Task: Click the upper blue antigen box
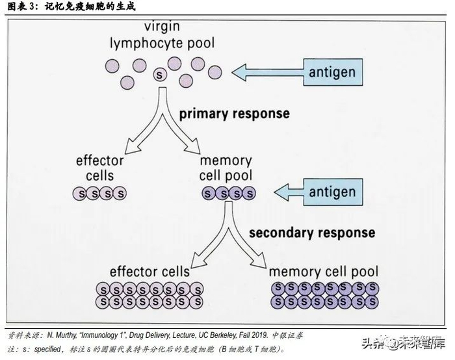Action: [x=331, y=72]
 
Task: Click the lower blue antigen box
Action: [x=331, y=192]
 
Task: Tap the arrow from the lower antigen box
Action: [x=294, y=192]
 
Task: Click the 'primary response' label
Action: [x=234, y=113]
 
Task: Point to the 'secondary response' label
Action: [x=312, y=232]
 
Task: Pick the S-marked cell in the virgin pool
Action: [x=159, y=76]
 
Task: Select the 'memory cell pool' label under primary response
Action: [x=226, y=168]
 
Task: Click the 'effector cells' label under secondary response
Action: [x=149, y=270]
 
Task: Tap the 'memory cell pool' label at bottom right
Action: [x=323, y=270]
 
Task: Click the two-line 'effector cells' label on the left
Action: [x=99, y=168]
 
